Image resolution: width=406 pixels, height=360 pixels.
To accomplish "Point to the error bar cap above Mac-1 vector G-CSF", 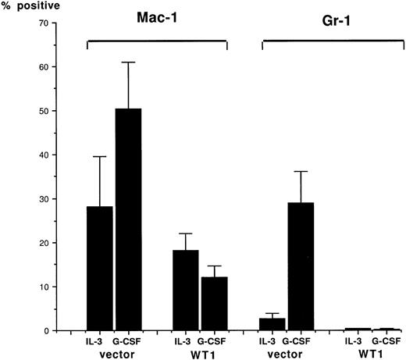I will coord(128,62).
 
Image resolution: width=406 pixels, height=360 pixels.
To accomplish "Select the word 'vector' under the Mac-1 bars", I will coord(114,353).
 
